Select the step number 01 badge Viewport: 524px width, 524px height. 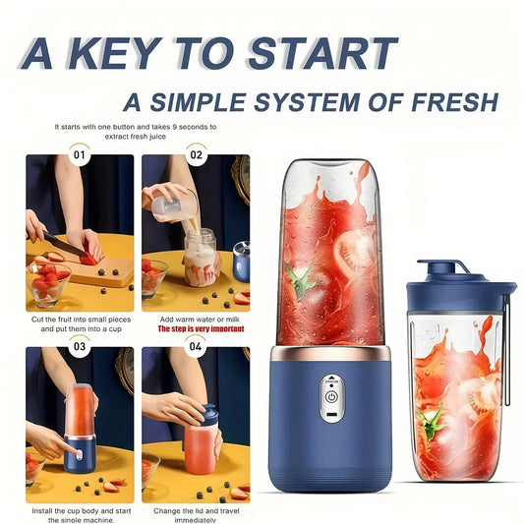[x=80, y=154]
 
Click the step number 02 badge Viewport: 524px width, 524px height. [x=196, y=154]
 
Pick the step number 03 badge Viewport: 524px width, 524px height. [x=80, y=346]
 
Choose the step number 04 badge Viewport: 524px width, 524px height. [x=196, y=346]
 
